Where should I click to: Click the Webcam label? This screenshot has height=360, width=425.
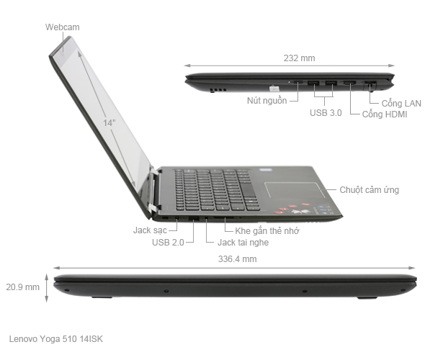62,27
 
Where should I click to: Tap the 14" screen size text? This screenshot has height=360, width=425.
109,123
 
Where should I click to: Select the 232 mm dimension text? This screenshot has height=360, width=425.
300,58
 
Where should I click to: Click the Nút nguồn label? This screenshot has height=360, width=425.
267,100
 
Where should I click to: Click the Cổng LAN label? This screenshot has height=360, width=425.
401,103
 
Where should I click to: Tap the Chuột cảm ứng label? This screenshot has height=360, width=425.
370,190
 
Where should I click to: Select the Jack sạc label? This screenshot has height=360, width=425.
150,230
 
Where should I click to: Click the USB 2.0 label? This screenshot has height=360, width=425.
168,243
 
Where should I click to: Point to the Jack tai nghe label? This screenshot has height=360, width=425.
243,243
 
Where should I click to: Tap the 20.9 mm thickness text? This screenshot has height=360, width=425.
22,287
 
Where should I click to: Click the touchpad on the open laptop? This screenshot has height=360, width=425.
289,191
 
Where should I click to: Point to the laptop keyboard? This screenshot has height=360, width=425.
216,188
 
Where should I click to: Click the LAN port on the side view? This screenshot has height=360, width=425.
370,85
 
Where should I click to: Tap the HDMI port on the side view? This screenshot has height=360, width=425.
349,84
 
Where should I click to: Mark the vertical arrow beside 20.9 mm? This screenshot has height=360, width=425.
48,287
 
